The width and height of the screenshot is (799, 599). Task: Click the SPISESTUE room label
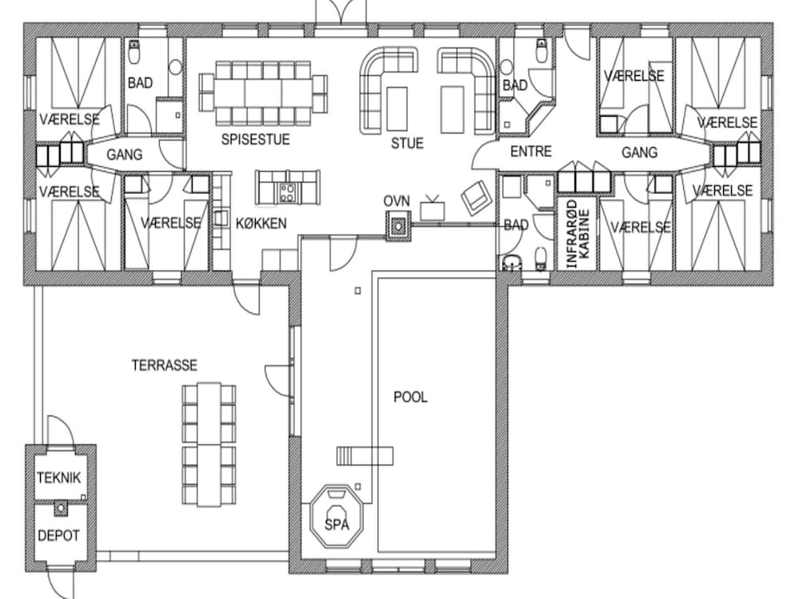pos(256,139)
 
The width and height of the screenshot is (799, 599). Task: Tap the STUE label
pos(407,143)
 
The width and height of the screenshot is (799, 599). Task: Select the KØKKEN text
pos(261,223)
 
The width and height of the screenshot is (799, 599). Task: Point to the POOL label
pos(410,397)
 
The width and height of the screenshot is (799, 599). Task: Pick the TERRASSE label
pos(164,365)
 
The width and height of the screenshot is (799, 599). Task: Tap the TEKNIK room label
pos(58,478)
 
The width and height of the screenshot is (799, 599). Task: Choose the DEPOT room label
pos(58,536)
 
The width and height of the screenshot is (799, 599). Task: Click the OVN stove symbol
pos(398,224)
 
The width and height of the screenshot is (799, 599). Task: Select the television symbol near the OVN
pos(432,208)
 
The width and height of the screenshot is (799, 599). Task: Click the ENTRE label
pos(531,151)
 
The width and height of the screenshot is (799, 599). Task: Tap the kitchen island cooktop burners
pos(287,192)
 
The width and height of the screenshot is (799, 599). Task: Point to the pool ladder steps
pos(364,456)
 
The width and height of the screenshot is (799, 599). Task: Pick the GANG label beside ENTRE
pos(639,152)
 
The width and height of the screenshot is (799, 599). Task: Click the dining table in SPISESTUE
pos(263,93)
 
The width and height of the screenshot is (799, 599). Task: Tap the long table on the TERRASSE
pos(209,444)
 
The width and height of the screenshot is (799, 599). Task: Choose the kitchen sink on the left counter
pos(221,218)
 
